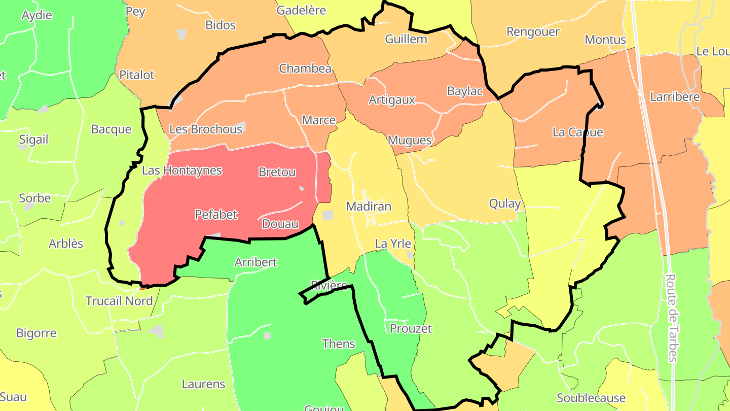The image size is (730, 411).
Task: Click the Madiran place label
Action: [369, 207]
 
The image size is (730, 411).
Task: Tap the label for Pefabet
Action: [216, 215]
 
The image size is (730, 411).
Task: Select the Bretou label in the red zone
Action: [277, 172]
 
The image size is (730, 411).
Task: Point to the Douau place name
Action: [280, 224]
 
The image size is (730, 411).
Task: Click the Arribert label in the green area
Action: [255, 262]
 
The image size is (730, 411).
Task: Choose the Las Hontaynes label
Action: [182, 170]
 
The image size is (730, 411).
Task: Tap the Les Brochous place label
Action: [206, 129]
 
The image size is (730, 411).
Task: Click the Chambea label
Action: [305, 68]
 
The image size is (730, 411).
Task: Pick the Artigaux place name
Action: [392, 100]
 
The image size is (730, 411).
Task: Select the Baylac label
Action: [465, 91]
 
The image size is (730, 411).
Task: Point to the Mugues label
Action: [410, 140]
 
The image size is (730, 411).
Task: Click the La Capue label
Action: [578, 132]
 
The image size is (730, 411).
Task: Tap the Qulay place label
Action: [505, 204]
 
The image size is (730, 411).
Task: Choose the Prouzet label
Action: [411, 329]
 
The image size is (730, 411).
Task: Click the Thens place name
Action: [339, 344]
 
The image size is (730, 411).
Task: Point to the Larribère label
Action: [675, 97]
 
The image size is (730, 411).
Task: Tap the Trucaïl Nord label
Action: [119, 301]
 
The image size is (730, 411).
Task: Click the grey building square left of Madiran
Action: [328, 215]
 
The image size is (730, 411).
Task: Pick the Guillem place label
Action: [406, 39]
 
